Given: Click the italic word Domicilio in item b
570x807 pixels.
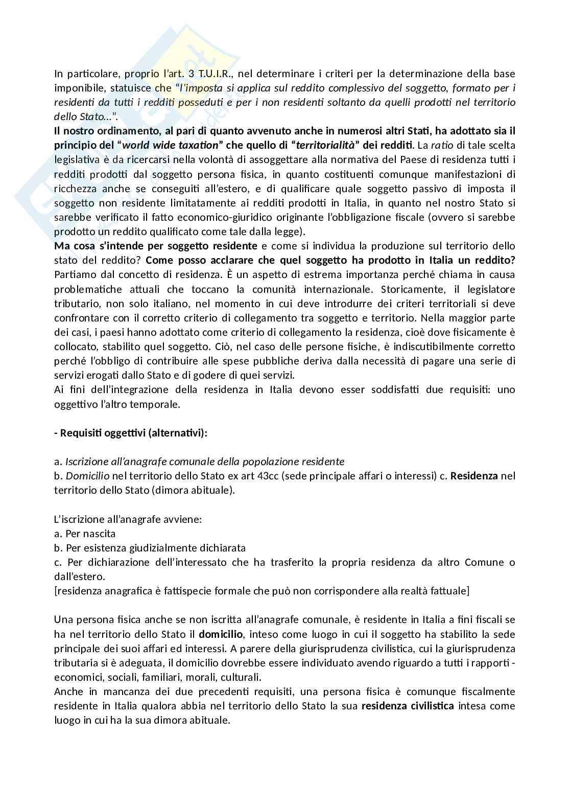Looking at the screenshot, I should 88,476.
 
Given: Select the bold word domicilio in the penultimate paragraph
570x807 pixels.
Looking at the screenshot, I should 221,634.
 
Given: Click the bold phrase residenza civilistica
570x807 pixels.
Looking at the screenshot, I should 408,706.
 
